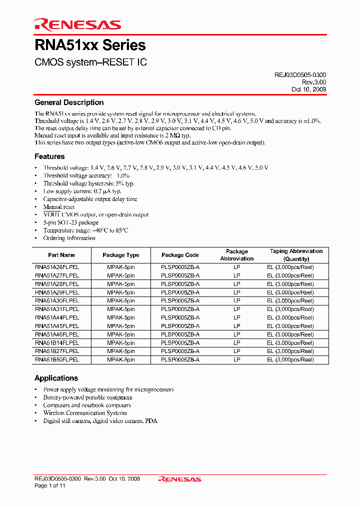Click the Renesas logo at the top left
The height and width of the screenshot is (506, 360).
[x=77, y=24]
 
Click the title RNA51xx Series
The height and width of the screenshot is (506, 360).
[x=90, y=45]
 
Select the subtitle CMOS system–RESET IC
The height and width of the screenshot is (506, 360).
[x=90, y=63]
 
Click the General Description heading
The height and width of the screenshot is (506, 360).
[x=69, y=102]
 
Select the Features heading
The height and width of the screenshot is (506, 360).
[x=49, y=156]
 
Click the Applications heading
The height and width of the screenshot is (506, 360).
[x=56, y=378]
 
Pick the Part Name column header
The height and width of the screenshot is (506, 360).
[x=61, y=255]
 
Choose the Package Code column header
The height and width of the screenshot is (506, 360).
[x=180, y=255]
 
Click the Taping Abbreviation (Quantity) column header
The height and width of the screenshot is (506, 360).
[x=296, y=255]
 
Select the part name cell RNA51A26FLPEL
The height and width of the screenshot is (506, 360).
[x=57, y=267]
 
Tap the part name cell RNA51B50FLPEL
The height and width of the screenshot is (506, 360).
[x=57, y=359]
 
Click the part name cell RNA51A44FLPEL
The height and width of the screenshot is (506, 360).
[x=57, y=317]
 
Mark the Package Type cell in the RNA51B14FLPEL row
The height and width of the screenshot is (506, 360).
[x=120, y=343]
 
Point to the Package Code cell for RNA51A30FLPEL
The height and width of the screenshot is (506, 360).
[x=180, y=300]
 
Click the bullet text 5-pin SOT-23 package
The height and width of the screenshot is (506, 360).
[x=71, y=222]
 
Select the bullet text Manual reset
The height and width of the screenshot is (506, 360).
[x=59, y=207]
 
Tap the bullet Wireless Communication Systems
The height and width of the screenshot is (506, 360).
[x=85, y=413]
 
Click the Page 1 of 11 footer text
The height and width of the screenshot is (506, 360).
[x=50, y=485]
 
